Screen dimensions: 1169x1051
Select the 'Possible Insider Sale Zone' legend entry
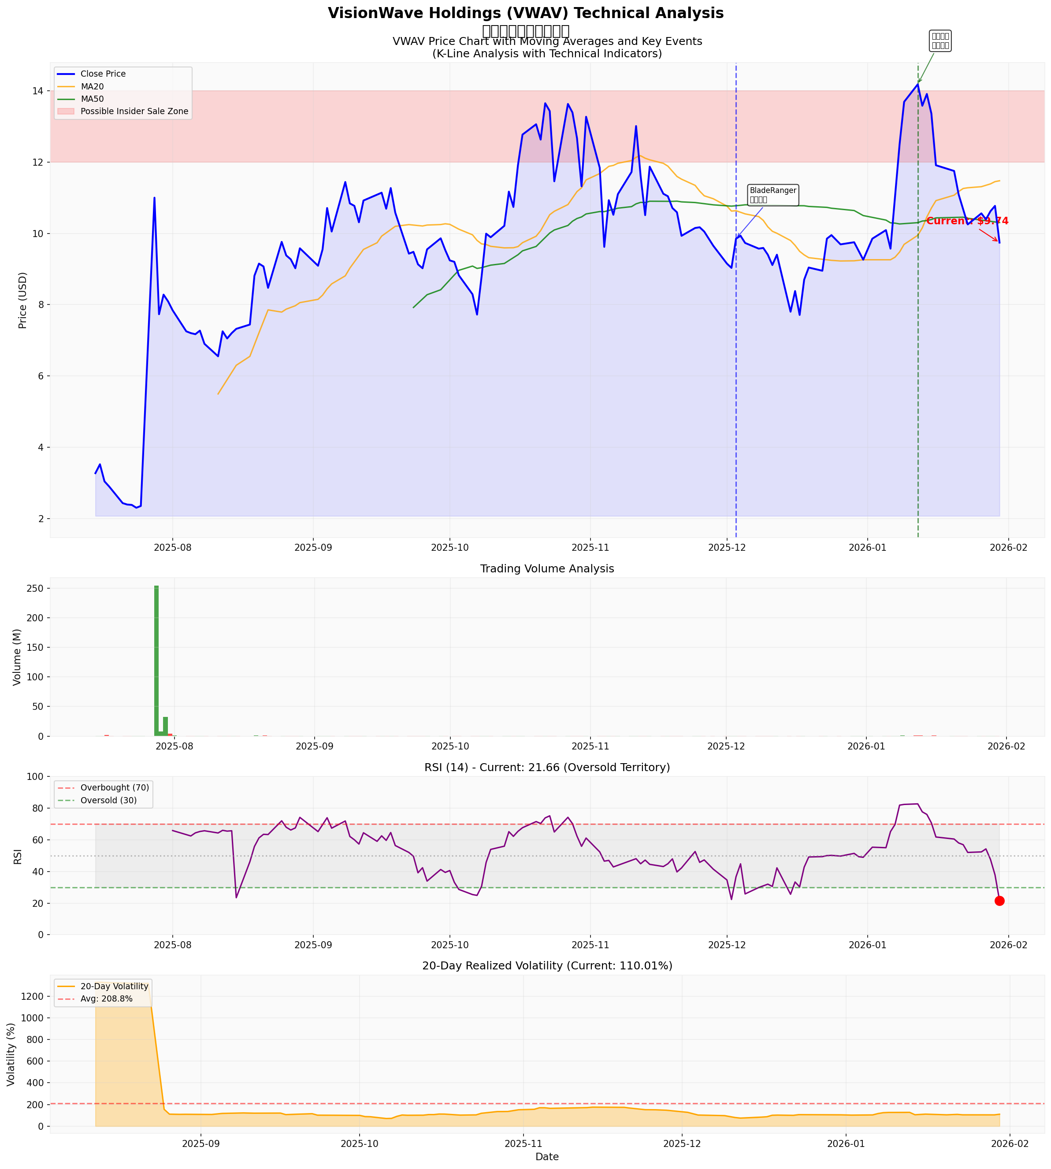coord(134,111)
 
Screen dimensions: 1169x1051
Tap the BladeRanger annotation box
coord(772,195)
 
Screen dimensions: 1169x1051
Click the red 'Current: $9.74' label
coord(967,221)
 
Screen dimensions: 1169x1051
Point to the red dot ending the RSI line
coord(999,901)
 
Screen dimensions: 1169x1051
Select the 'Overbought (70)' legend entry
coord(114,788)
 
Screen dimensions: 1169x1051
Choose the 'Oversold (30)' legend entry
coord(108,801)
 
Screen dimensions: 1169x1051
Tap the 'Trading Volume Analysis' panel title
coord(547,569)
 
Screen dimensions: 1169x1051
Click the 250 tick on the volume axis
coord(33,589)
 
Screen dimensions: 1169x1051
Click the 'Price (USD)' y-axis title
coord(23,300)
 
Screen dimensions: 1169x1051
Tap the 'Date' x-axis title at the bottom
coord(547,1157)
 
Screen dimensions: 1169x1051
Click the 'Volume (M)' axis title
coord(17,657)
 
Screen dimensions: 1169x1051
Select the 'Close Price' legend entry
coord(103,74)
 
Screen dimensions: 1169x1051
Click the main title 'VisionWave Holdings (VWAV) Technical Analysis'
coord(525,13)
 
